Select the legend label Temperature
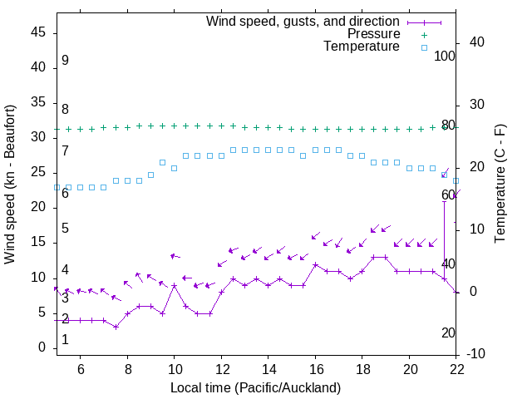(362, 47)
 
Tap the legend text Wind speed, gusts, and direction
(303, 21)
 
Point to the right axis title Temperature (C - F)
(500, 185)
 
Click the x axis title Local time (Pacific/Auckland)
(255, 388)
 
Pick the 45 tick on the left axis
(37, 32)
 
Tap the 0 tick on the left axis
(42, 347)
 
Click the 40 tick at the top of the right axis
(477, 42)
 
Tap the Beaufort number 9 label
(65, 61)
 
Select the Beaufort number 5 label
(65, 229)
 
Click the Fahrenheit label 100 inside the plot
(446, 56)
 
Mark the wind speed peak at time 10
(175, 285)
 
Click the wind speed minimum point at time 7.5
(116, 327)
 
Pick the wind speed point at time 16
(315, 264)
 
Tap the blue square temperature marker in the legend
(423, 47)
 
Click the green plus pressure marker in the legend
(423, 35)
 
